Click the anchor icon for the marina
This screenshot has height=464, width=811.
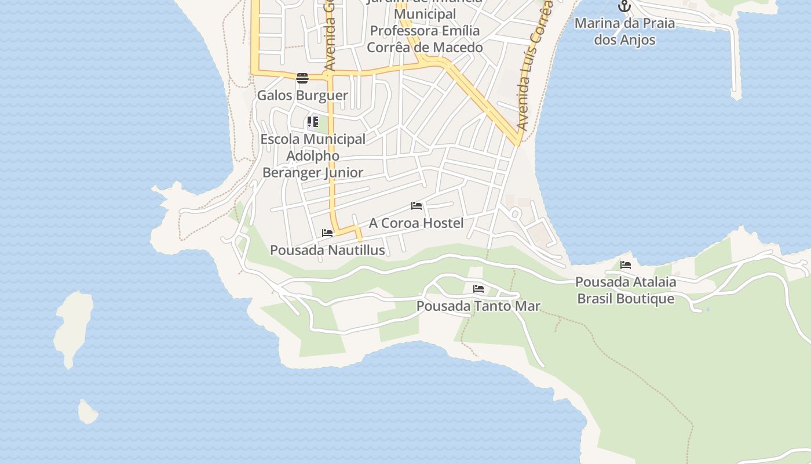624,6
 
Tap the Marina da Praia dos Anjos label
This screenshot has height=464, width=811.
624,31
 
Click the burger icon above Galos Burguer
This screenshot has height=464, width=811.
302,78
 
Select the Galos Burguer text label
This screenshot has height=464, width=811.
302,95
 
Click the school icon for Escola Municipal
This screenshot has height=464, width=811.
313,122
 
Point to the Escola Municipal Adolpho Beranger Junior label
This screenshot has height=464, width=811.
313,156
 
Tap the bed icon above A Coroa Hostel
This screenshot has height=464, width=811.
416,206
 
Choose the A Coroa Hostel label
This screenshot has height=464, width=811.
416,223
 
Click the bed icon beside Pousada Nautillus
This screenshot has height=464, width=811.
327,233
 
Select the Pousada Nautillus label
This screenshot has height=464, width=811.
327,250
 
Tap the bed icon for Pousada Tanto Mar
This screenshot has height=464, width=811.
478,288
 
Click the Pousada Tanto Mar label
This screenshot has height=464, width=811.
478,306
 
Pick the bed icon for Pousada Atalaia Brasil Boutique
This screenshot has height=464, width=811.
626,265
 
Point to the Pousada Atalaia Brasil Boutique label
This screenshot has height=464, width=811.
626,290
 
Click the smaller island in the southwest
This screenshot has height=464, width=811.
87,412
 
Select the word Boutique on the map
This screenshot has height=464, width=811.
645,299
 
